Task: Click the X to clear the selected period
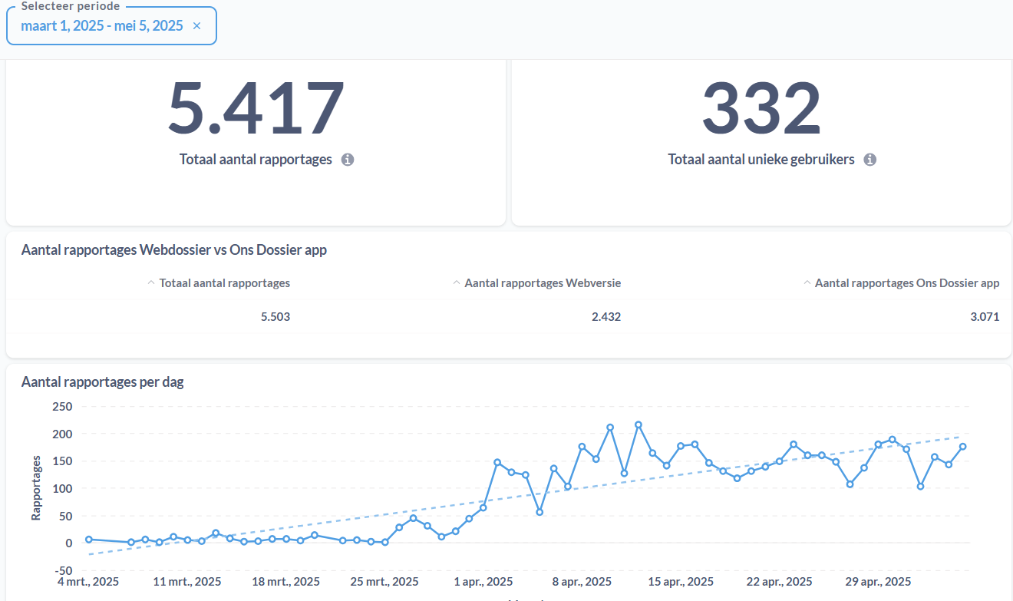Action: pos(196,26)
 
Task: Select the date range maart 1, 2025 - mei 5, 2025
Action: pos(102,26)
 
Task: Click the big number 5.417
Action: pos(256,107)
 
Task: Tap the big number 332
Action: pos(761,107)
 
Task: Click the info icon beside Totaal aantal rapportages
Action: pos(348,160)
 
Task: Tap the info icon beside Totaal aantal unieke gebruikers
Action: pos(869,160)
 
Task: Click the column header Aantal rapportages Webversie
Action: pos(543,283)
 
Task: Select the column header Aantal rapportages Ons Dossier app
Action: pos(907,283)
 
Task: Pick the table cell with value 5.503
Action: pos(276,316)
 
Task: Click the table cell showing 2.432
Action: pos(606,316)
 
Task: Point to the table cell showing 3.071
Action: pos(985,316)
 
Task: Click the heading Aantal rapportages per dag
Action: pos(102,382)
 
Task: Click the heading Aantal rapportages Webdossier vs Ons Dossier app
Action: pos(173,249)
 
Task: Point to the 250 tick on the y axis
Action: pos(62,407)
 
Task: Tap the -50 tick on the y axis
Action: pos(63,571)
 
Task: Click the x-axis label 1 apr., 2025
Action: pos(483,582)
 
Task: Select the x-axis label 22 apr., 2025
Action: pos(779,582)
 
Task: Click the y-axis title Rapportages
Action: pos(36,488)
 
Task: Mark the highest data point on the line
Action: pos(638,425)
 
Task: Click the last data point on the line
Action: pos(963,447)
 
